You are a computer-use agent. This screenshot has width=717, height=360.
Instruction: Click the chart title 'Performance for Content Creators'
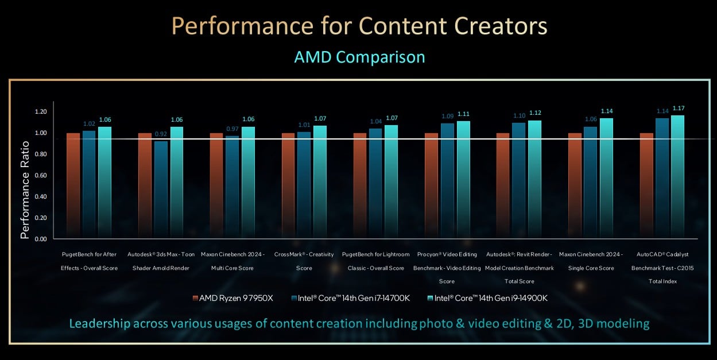click(x=359, y=27)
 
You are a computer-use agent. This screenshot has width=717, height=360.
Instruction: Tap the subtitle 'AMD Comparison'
click(x=359, y=57)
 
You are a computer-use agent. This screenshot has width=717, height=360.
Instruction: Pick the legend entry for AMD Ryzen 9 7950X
click(x=232, y=298)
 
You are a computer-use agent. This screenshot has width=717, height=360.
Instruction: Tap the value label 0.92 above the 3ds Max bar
click(x=161, y=134)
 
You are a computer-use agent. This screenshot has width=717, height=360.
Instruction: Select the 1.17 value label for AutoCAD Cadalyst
click(x=678, y=108)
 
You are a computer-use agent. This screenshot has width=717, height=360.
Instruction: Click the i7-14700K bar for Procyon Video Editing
click(x=447, y=180)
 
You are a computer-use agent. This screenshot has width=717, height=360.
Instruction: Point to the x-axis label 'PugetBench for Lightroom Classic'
click(x=375, y=261)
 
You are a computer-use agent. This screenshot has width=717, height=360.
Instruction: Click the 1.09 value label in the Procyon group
click(x=447, y=116)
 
